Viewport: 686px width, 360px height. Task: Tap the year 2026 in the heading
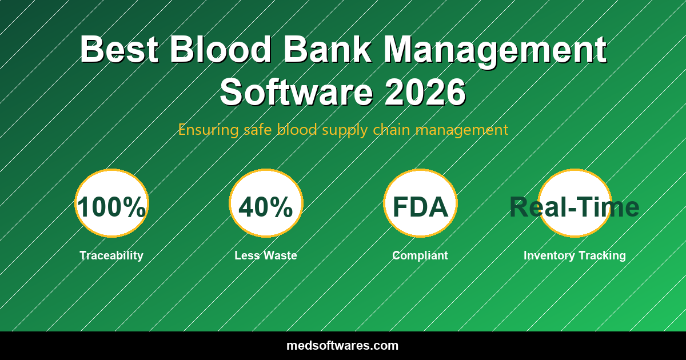[425, 92]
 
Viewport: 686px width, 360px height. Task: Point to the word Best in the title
[119, 50]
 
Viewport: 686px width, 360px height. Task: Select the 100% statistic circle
[111, 203]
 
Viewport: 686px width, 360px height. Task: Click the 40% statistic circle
[266, 203]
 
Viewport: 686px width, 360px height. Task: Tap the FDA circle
[420, 203]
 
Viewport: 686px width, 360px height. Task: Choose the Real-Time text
[575, 207]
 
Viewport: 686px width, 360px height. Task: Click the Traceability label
[111, 255]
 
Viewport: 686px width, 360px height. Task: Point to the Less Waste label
[266, 255]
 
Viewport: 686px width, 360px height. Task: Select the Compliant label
[420, 255]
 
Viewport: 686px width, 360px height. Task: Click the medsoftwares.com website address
[342, 346]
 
